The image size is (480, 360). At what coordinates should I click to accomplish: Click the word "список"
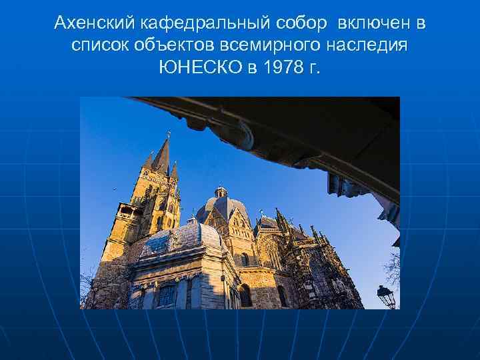(x=100, y=47)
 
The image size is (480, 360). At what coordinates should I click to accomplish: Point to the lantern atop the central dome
(x=220, y=191)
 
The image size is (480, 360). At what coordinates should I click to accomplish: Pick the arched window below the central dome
(x=245, y=259)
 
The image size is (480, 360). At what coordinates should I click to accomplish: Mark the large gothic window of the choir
(x=273, y=253)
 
